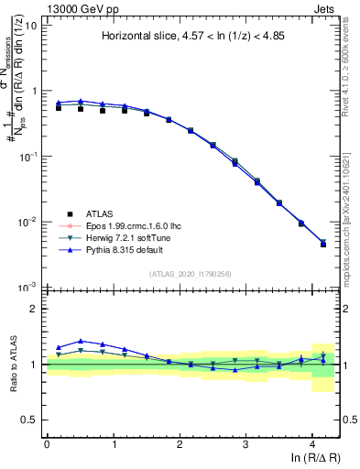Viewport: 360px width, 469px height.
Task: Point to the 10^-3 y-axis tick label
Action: point(27,287)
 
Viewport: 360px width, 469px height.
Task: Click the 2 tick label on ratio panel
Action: point(36,309)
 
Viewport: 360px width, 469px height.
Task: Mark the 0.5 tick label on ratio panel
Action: point(31,420)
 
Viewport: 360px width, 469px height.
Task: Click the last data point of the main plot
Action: point(322,244)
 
